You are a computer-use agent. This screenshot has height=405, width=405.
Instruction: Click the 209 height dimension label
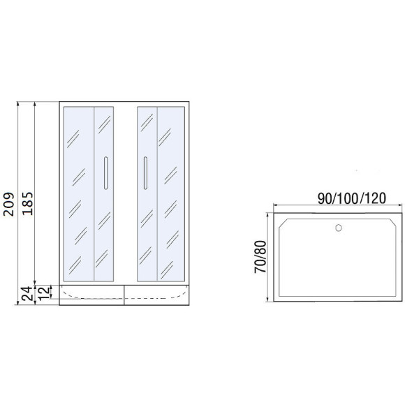point(8,204)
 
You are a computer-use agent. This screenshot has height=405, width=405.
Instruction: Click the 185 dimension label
point(28,203)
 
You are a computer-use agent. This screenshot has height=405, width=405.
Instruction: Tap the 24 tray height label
point(28,294)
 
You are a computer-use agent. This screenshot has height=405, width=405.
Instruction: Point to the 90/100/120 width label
point(352,198)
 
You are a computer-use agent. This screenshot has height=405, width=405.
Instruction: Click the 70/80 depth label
point(260,257)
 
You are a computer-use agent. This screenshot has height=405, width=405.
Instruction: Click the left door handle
point(105,173)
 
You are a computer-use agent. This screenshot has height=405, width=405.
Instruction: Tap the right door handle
point(145,173)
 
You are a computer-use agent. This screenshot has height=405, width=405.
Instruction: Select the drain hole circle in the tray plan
point(339,228)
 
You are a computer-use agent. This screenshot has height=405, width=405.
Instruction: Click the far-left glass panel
point(79,194)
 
